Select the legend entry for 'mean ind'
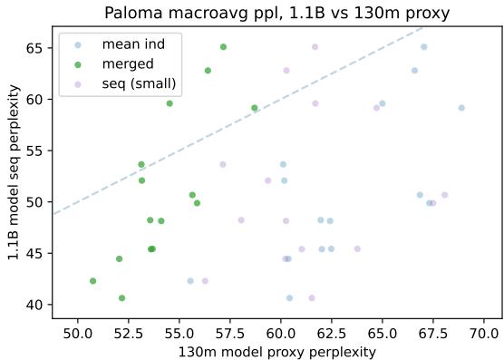pyautogui.click(x=126, y=44)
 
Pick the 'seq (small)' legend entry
pyautogui.click(x=139, y=84)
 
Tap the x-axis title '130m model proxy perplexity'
pyautogui.click(x=276, y=351)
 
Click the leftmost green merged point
pyautogui.click(x=93, y=281)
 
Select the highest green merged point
pyautogui.click(x=223, y=46)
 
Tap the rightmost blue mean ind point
pyautogui.click(x=461, y=108)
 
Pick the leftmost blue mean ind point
pyautogui.click(x=190, y=281)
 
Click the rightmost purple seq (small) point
pyautogui.click(x=444, y=195)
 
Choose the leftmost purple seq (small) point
pyautogui.click(x=205, y=281)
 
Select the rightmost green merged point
pyautogui.click(x=255, y=108)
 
